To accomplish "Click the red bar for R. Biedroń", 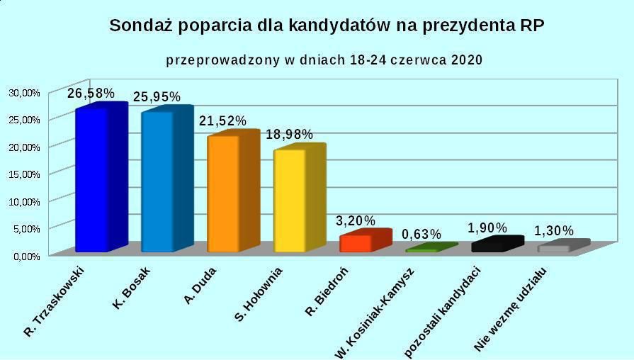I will pyautogui.click(x=356, y=242).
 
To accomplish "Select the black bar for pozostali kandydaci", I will pyautogui.click(x=489, y=246).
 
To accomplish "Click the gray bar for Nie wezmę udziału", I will pyautogui.click(x=555, y=247).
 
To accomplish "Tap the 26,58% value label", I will pyautogui.click(x=91, y=94).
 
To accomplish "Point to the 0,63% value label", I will pyautogui.click(x=421, y=234).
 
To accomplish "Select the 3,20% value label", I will pyautogui.click(x=356, y=220).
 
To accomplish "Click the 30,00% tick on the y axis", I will pyautogui.click(x=24, y=92).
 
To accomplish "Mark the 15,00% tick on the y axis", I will pyautogui.click(x=24, y=174).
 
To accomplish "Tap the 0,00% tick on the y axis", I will pyautogui.click(x=26, y=255).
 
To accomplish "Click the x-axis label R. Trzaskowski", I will pyautogui.click(x=55, y=301).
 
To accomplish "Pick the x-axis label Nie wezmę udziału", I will pyautogui.click(x=511, y=310).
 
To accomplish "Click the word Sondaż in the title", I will pyautogui.click(x=141, y=26).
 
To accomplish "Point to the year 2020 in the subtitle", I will pyautogui.click(x=465, y=60).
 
